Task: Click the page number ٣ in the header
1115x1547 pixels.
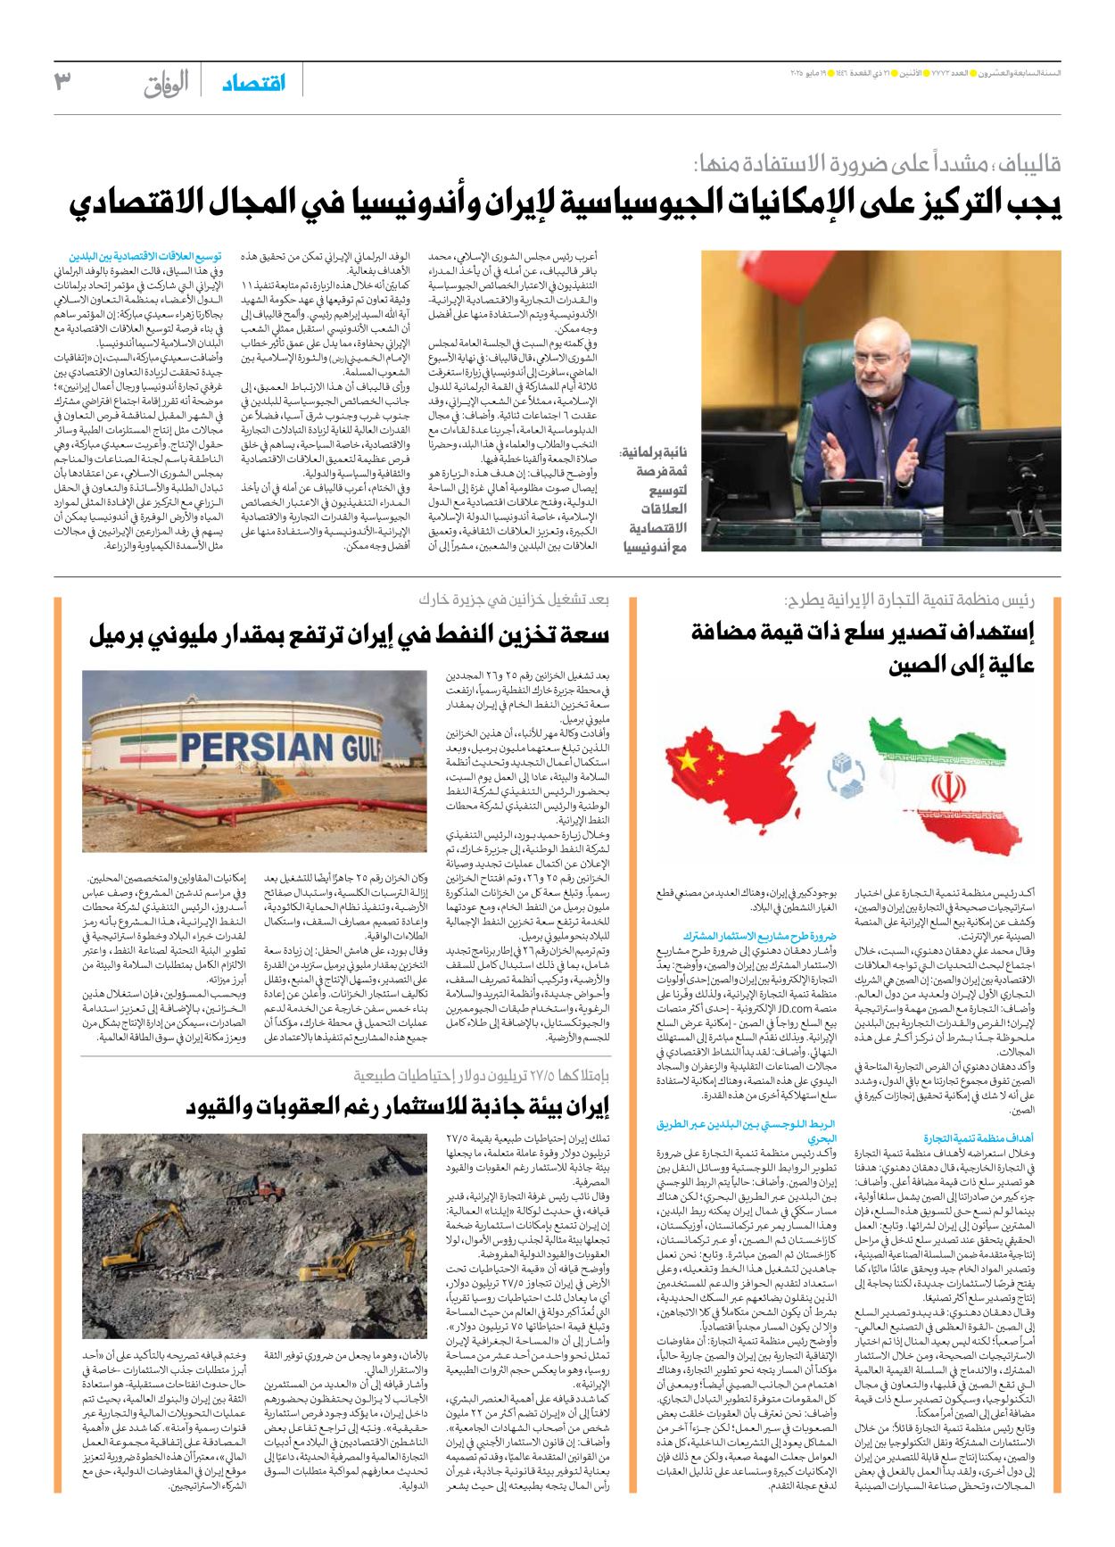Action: (62, 82)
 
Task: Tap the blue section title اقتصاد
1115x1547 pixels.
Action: (253, 83)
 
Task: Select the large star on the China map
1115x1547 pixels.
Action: (689, 760)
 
